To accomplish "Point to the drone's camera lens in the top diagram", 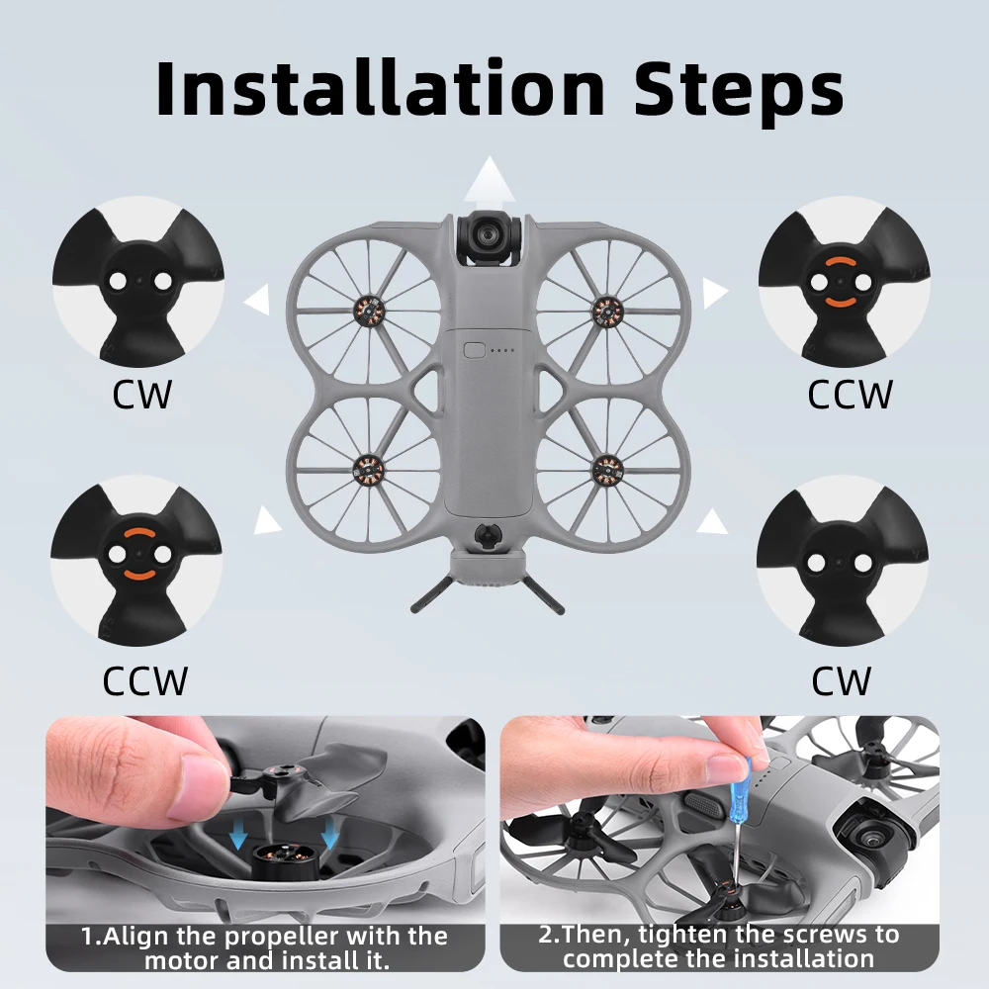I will coord(490,234).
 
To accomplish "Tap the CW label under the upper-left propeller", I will coord(141,395).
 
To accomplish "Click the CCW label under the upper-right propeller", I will coord(850,395).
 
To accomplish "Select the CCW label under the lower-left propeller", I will coord(144,681).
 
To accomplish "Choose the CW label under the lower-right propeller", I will coord(842,681).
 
